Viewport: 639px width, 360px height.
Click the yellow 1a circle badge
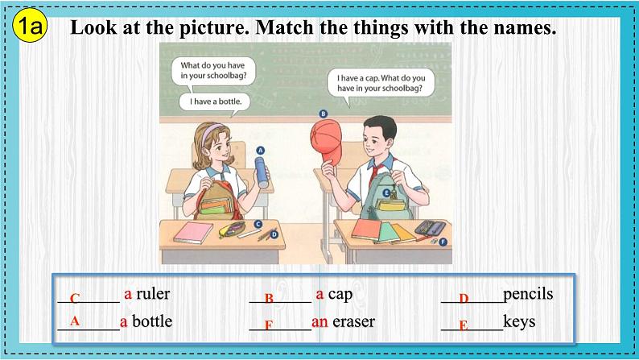pyautogui.click(x=30, y=26)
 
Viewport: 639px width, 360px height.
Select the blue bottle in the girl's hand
pyautogui.click(x=262, y=172)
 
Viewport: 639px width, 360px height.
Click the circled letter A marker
pyautogui.click(x=261, y=151)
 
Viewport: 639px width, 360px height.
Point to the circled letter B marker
pyautogui.click(x=324, y=114)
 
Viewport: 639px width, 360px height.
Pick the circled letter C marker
pyautogui.click(x=258, y=224)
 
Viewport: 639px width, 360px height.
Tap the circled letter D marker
pyautogui.click(x=274, y=234)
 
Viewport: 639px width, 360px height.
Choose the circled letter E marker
pyautogui.click(x=386, y=192)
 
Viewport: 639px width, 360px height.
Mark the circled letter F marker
pyautogui.click(x=443, y=242)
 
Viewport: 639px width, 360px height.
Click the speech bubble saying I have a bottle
pyautogui.click(x=215, y=101)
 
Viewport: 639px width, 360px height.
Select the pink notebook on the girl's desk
pyautogui.click(x=193, y=233)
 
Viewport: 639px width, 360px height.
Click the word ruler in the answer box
pyautogui.click(x=153, y=293)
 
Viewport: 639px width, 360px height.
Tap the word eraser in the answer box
pyautogui.click(x=354, y=321)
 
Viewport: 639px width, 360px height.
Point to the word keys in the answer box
pyautogui.click(x=519, y=321)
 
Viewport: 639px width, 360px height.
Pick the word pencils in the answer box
pyautogui.click(x=528, y=294)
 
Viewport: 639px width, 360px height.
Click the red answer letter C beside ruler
pyautogui.click(x=74, y=299)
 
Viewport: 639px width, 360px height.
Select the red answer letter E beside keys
pyautogui.click(x=464, y=325)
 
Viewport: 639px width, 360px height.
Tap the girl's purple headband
pyautogui.click(x=211, y=131)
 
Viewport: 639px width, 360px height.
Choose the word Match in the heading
pyautogui.click(x=284, y=27)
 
